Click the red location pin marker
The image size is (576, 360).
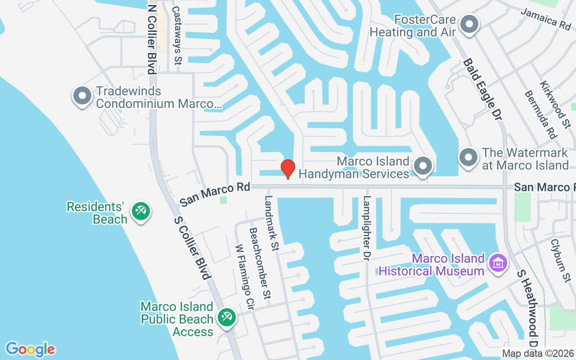tap(288, 168)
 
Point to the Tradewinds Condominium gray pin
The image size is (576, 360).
tap(82, 96)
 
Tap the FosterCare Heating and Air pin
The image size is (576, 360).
tap(470, 25)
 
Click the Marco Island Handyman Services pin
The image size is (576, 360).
tap(423, 166)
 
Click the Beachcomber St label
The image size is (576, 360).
tap(261, 263)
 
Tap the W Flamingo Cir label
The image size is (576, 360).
tap(245, 277)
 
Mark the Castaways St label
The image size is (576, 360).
tap(177, 35)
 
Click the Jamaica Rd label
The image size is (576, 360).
tap(546, 18)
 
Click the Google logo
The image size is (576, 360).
tap(30, 349)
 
